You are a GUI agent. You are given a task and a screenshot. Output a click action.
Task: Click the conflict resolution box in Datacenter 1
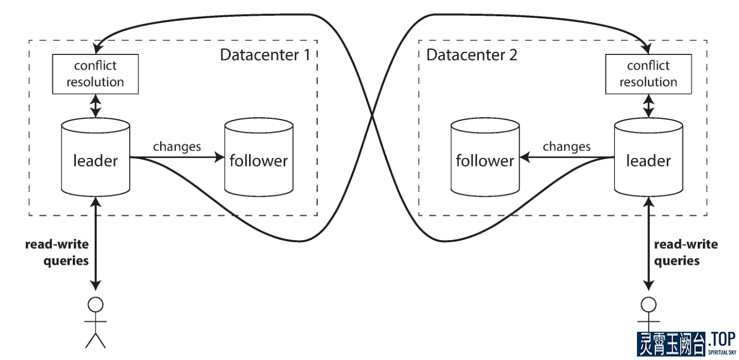[x=95, y=74]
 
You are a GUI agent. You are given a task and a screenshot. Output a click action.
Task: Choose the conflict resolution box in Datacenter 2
[x=648, y=74]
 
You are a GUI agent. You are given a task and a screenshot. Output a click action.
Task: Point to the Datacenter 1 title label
[x=265, y=55]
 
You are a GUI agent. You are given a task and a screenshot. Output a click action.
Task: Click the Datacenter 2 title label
[x=472, y=55]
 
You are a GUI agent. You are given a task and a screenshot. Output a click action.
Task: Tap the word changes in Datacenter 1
[x=177, y=147]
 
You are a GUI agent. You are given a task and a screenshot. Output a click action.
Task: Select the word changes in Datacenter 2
[x=566, y=147]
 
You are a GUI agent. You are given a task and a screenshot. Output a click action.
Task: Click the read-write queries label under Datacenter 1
[x=57, y=252]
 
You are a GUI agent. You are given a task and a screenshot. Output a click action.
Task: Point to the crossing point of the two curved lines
[x=372, y=116]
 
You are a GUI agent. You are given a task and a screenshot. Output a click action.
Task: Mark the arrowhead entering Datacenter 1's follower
[x=220, y=156]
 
